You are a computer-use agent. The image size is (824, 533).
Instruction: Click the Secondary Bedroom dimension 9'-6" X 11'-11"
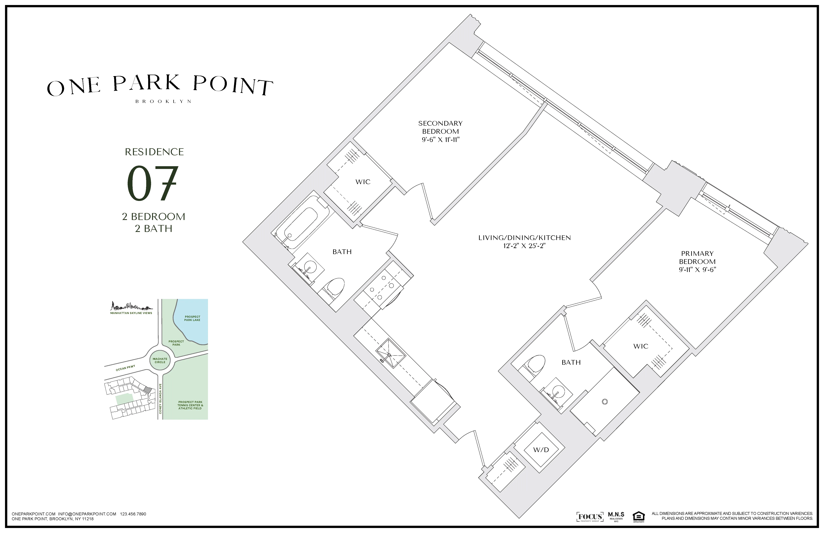tap(440, 140)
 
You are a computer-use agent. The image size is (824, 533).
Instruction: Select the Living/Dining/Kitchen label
tap(524, 238)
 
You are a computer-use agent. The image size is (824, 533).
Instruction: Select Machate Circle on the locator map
tap(160, 360)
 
